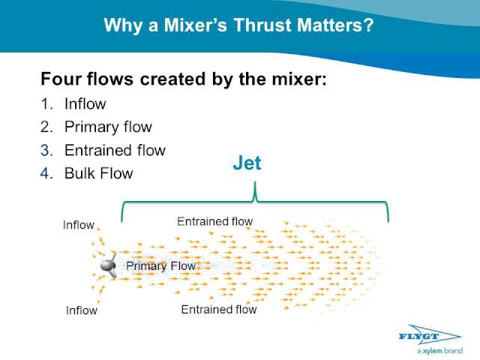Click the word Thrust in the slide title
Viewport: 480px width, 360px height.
[263, 25]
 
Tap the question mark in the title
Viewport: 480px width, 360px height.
[368, 25]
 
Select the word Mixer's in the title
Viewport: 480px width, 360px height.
[195, 25]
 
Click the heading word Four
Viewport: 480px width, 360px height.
[61, 79]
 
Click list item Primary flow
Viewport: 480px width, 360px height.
[108, 127]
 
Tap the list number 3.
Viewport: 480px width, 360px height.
[46, 150]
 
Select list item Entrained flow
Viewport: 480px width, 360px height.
[115, 150]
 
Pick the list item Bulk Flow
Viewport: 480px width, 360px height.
[99, 173]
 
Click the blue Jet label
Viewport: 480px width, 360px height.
[247, 163]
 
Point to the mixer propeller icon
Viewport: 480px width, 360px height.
[109, 265]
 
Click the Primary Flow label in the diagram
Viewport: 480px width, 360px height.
[161, 265]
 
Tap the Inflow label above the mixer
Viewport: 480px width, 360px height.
[78, 225]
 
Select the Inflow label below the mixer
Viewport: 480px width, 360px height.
[82, 310]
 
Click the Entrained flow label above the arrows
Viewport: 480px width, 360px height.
[215, 221]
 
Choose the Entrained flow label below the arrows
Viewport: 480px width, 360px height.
[219, 310]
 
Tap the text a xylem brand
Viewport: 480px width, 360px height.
[439, 351]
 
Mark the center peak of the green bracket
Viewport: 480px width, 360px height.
[255, 182]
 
